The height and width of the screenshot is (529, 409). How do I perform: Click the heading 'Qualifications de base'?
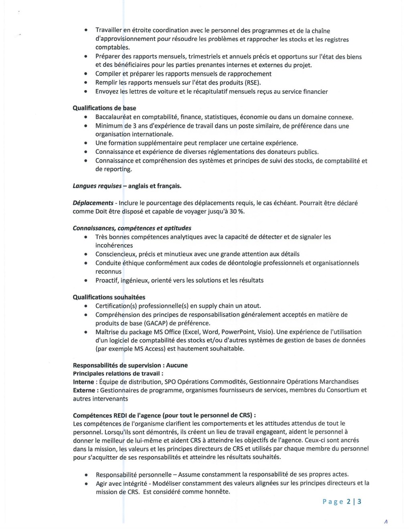[104, 108]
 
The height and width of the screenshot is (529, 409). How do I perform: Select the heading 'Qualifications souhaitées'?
[109, 297]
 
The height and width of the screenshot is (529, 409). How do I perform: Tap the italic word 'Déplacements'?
[93, 203]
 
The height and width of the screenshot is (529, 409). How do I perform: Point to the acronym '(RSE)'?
[252, 83]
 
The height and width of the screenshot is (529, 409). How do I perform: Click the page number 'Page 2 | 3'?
[342, 502]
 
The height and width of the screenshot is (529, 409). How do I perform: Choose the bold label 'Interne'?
[83, 382]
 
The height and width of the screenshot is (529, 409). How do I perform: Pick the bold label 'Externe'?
[84, 390]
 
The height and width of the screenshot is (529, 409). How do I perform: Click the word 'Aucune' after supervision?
[177, 365]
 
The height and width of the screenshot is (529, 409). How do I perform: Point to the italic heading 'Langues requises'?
[97, 186]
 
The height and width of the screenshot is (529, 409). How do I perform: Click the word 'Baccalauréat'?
[113, 117]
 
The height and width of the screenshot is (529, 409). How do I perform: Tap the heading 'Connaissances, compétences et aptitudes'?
[132, 228]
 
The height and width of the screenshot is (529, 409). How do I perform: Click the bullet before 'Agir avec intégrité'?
[86, 484]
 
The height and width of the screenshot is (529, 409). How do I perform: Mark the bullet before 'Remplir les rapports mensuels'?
[86, 83]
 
